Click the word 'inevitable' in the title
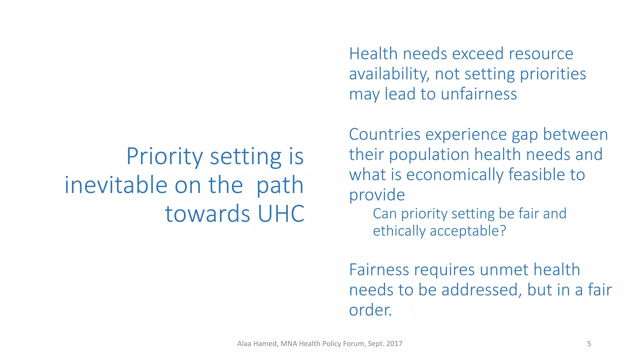(116, 185)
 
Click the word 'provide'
(377, 195)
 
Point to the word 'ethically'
(399, 232)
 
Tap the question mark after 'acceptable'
(503, 231)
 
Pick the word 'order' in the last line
(369, 310)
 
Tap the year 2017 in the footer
(394, 344)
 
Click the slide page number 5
(589, 344)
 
